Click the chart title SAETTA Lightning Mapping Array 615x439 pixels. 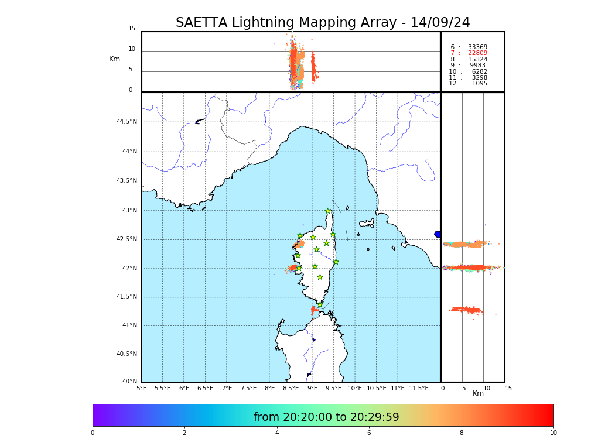[x=323, y=23]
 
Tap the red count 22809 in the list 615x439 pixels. [x=477, y=53]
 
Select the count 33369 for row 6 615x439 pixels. [x=477, y=47]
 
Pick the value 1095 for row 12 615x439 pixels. [x=479, y=84]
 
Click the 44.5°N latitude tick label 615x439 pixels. [x=127, y=122]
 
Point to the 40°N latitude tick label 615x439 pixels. [x=129, y=382]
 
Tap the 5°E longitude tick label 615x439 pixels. [x=142, y=388]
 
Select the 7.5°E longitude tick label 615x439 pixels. [x=248, y=388]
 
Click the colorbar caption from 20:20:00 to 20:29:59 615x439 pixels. [x=326, y=417]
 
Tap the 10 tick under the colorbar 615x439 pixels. [x=553, y=433]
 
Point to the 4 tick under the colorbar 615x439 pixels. [x=277, y=433]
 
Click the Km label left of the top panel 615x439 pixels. [x=114, y=59]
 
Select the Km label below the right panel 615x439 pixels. [x=478, y=393]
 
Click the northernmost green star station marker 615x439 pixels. [x=328, y=211]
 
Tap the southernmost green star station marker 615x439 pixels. [x=320, y=304]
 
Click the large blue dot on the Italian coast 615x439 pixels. [x=438, y=234]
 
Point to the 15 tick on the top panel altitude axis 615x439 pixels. [x=132, y=29]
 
